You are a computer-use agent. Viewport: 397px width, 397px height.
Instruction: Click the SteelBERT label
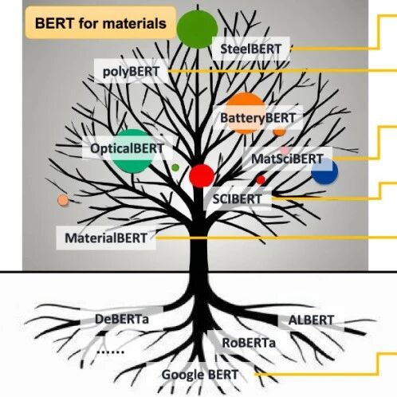250,49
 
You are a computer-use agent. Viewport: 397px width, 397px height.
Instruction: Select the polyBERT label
131,71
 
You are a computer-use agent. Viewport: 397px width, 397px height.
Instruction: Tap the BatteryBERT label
257,118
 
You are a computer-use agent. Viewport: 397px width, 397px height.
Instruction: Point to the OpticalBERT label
127,148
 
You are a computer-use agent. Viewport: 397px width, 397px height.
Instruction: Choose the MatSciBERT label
287,159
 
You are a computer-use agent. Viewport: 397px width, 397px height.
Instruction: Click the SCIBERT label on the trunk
237,199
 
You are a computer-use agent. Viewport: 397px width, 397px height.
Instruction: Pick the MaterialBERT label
106,238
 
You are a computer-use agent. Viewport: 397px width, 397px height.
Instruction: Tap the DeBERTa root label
122,319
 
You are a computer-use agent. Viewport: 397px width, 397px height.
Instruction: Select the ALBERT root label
311,320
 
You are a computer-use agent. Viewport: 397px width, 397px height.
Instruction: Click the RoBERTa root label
249,343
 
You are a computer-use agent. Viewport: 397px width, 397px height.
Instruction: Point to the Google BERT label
200,375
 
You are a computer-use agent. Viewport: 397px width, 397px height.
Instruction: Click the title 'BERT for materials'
100,23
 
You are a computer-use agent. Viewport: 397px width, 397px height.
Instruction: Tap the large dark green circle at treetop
197,29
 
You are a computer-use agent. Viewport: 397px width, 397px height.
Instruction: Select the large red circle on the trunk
202,175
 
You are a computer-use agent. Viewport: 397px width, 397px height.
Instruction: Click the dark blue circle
324,171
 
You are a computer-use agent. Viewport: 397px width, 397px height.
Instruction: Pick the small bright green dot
175,167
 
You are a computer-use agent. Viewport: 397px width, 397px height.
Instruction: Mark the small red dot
261,180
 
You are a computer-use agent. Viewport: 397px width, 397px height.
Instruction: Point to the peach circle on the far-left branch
63,200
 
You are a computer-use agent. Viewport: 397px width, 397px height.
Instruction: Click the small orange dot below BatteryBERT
279,132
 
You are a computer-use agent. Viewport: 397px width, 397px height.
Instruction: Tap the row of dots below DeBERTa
110,352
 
